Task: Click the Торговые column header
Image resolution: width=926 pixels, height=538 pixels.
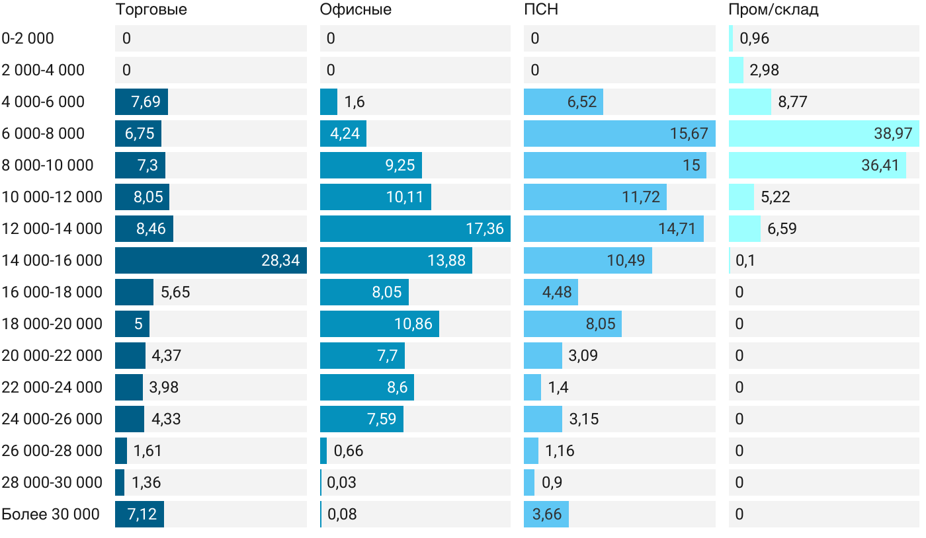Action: coord(151,10)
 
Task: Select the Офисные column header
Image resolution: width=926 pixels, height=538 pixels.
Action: coord(355,10)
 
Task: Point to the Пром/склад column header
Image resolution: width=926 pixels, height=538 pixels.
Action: coord(773,10)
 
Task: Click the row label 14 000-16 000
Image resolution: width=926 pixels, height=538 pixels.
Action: coord(52,260)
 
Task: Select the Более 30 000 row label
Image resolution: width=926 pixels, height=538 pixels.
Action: coord(51,514)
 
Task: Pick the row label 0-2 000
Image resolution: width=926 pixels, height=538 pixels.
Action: coord(28,38)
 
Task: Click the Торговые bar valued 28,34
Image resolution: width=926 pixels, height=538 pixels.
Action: coord(210,260)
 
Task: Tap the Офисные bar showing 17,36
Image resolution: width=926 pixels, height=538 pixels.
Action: coord(415,229)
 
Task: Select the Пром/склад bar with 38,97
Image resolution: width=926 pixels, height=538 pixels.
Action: coord(823,134)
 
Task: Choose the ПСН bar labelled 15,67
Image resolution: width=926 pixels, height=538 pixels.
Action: coord(619,134)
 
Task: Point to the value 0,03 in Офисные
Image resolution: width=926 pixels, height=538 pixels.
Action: coord(342,482)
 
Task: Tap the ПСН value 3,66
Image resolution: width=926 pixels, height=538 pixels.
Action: coord(546,514)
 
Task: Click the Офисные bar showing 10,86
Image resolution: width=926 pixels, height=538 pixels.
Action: coord(379,324)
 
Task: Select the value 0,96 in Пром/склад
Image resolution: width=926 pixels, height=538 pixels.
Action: coord(754,38)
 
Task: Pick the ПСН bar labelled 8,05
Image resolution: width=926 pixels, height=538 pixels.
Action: coord(572,324)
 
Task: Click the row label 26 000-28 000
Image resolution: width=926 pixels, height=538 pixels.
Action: coord(52,451)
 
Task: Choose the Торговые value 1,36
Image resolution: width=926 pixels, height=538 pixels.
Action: coord(146,482)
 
